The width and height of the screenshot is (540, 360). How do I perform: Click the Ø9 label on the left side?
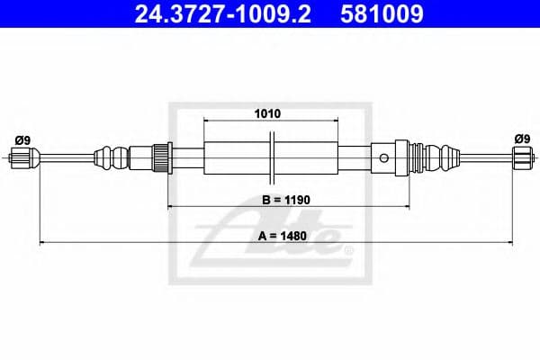(23, 139)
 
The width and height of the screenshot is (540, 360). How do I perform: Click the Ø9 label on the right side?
(521, 139)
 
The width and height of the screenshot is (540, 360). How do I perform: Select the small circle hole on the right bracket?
(384, 159)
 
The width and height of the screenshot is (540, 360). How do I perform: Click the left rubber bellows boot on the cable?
(112, 158)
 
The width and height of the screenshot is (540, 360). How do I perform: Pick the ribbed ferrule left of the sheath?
(162, 158)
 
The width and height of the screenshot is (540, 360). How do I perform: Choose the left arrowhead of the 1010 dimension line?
(208, 121)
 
